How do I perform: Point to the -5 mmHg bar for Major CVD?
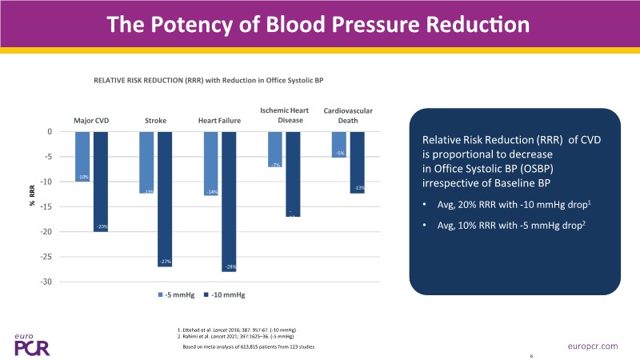(x=83, y=157)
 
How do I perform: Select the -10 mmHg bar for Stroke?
(x=165, y=199)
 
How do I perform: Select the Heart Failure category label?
(x=219, y=121)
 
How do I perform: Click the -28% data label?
(x=230, y=266)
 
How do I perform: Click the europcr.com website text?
(x=593, y=345)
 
